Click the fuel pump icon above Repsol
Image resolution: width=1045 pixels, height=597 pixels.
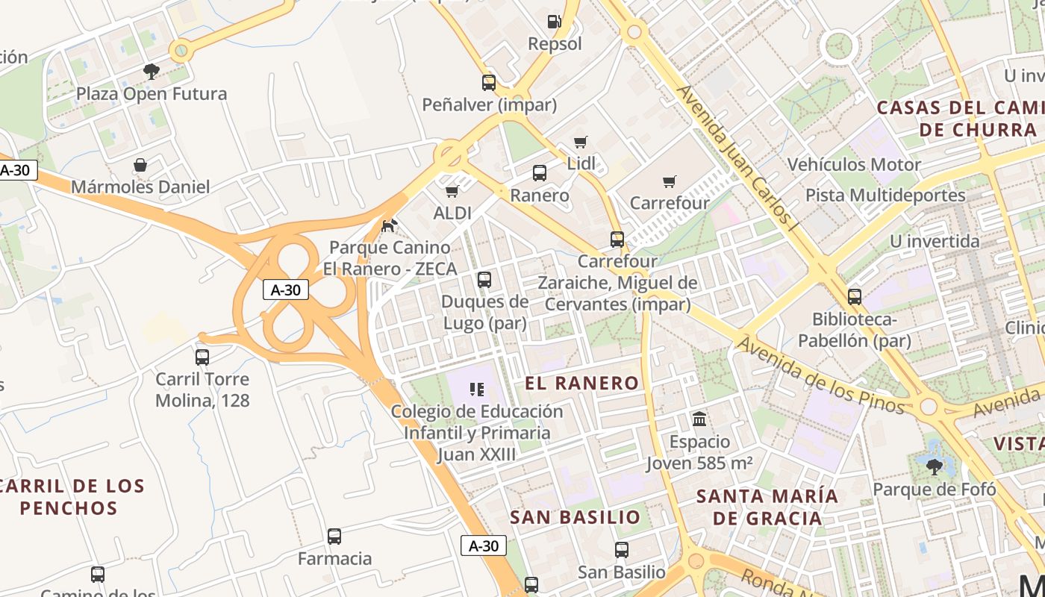click(554, 22)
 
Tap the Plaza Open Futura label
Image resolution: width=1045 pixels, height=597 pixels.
click(152, 94)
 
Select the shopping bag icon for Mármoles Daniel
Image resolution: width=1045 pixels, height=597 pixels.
click(140, 165)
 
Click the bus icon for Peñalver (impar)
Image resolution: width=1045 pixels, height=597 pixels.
click(489, 83)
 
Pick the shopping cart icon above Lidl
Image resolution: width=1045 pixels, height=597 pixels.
click(580, 142)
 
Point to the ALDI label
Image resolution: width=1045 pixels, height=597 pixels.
click(452, 213)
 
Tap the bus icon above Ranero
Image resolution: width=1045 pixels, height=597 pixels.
click(540, 173)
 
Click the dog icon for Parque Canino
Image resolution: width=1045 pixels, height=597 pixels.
click(389, 225)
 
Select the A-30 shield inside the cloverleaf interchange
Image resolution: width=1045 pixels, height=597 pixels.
click(286, 290)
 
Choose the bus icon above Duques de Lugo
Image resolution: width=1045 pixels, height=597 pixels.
click(484, 280)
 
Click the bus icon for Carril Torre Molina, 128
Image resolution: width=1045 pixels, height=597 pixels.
click(202, 357)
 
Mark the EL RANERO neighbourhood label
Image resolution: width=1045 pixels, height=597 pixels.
click(582, 384)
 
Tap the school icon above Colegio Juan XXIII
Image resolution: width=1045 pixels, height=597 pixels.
click(477, 389)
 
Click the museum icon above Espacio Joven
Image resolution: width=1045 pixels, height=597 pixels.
click(699, 419)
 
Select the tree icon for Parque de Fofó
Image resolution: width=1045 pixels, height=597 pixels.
click(934, 467)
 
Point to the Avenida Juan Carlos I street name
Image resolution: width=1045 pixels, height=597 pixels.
click(734, 154)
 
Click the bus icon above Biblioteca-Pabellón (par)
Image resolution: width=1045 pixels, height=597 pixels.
click(855, 296)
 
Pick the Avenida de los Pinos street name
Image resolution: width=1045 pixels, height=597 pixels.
click(820, 376)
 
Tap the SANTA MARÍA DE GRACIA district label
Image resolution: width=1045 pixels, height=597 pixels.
click(767, 507)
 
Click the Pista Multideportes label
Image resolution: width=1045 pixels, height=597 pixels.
click(885, 196)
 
